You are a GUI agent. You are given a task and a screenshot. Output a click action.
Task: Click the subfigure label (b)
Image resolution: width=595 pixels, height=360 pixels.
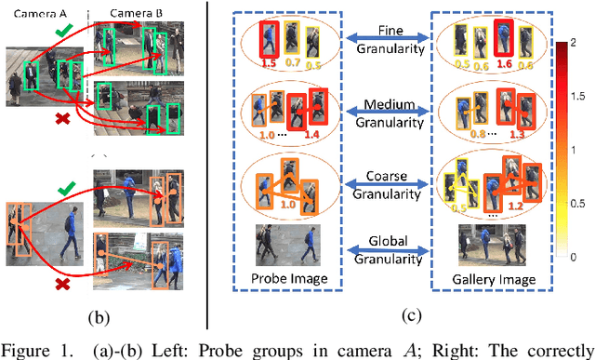[99, 316]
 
